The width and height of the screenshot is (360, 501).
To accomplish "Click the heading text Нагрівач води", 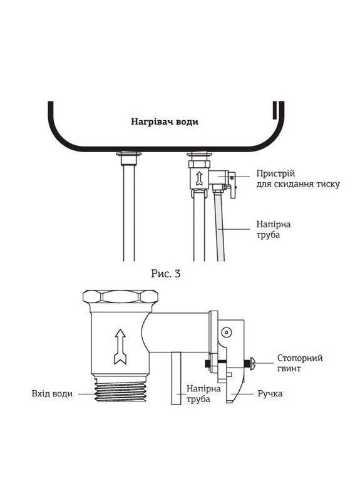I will pos(165,122).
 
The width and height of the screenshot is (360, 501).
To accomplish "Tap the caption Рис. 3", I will pos(166,273).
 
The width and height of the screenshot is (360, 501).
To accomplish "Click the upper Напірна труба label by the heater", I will pos(274,229).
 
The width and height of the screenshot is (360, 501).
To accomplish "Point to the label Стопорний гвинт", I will pos(300,363).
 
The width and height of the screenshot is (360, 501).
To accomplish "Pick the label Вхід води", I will pos(52,394).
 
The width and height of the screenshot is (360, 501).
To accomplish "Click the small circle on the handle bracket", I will pos(226,333).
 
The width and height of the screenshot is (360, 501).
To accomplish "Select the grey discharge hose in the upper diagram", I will pos(219,225).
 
